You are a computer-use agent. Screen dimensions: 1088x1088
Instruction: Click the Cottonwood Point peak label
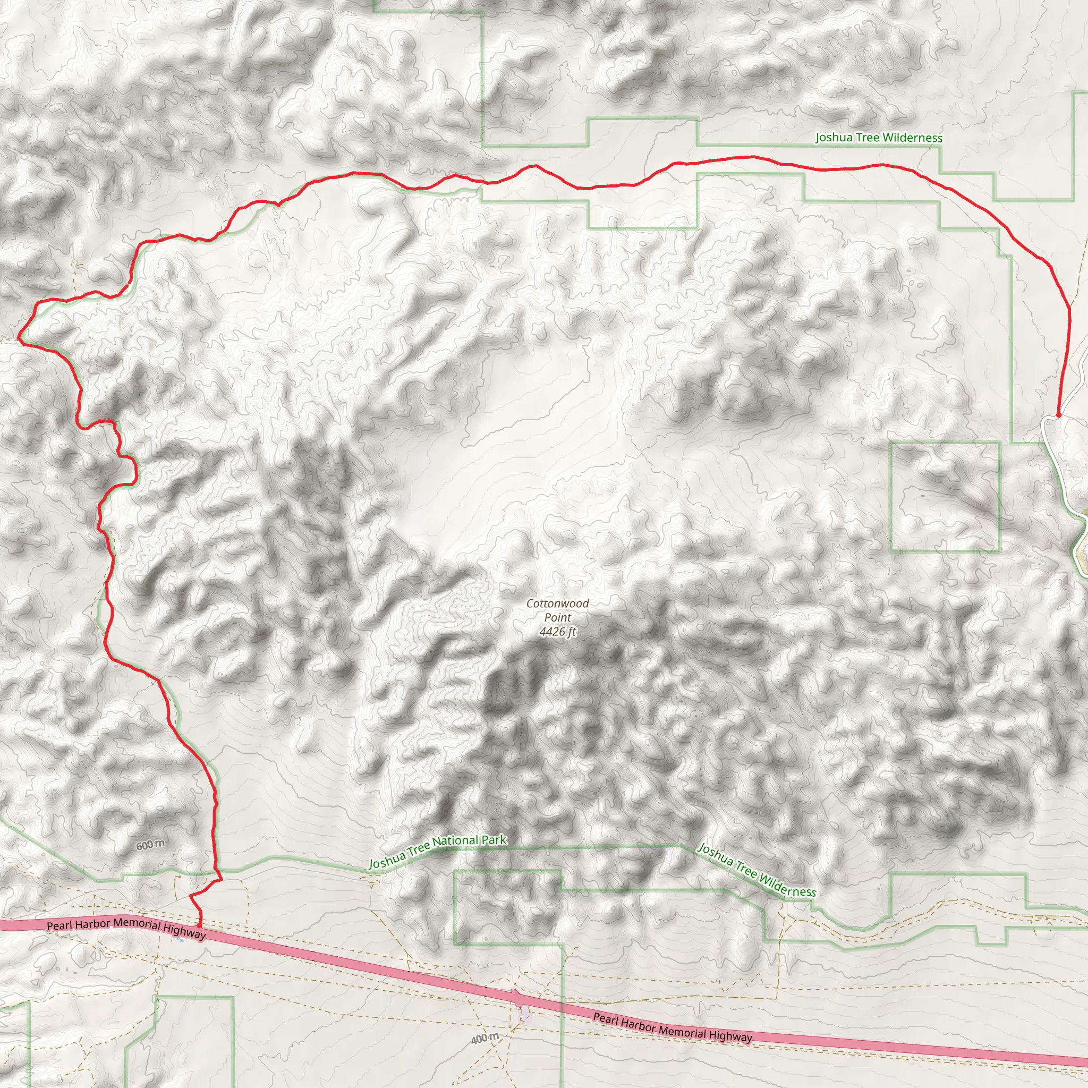[557, 610]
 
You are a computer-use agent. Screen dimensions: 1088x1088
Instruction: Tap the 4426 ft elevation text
[557, 632]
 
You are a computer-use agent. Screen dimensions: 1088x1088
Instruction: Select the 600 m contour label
[150, 845]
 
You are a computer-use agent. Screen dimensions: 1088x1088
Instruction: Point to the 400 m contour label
[485, 1039]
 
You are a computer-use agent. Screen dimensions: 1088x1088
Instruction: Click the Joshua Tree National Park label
[438, 851]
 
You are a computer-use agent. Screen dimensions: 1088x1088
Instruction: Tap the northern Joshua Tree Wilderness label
[879, 138]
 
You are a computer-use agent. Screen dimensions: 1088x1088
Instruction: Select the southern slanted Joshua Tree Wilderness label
[756, 870]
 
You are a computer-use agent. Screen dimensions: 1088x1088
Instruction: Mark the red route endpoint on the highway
[199, 925]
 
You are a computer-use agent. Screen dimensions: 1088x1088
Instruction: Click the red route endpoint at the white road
[1058, 415]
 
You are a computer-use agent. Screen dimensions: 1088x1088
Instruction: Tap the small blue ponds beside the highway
[181, 939]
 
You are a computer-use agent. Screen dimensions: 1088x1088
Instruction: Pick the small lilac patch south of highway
[525, 1015]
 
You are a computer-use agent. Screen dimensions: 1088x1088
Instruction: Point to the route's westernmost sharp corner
[18, 339]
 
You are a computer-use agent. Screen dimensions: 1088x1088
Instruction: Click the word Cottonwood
[557, 603]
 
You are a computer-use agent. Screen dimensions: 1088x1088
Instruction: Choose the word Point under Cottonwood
[557, 618]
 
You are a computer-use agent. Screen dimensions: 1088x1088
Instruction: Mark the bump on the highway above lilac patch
[515, 996]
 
